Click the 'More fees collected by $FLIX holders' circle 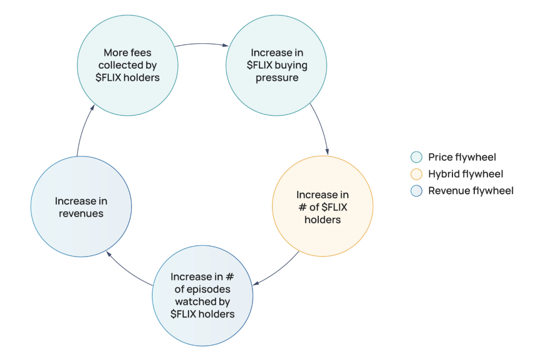point(128,65)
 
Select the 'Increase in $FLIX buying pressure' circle point(276,65)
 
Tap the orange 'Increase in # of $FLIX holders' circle point(323,207)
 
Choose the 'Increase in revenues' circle point(81,207)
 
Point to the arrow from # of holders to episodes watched point(278,271)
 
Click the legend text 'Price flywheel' point(462,158)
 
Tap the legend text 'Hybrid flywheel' point(466,174)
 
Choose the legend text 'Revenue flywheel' point(471,190)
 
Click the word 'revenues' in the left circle point(81,213)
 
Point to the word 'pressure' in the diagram point(276,78)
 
